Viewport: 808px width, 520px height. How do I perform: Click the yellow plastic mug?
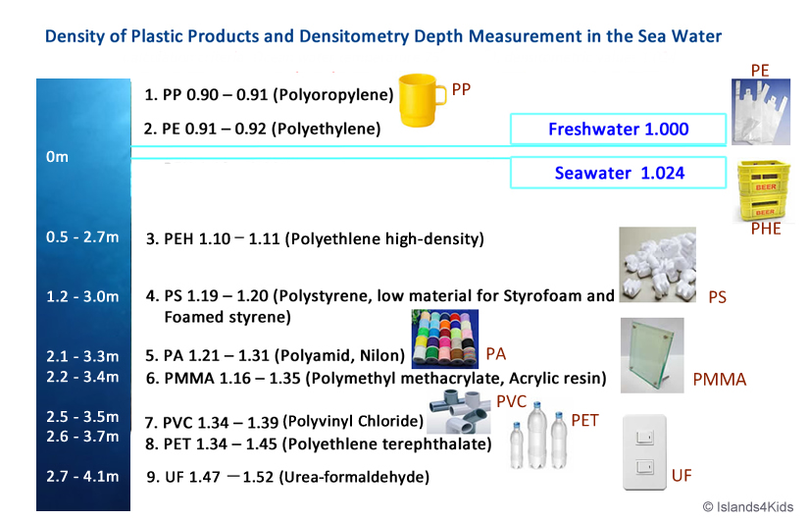click(x=420, y=100)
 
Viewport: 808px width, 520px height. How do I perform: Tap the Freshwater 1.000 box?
click(x=618, y=129)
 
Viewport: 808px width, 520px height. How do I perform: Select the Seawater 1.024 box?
click(x=618, y=173)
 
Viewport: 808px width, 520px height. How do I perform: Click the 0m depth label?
click(x=57, y=156)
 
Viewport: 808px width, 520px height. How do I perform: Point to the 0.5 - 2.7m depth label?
click(x=82, y=236)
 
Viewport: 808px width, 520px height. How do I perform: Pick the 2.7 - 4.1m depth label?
click(x=82, y=476)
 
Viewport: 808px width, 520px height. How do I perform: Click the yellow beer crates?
click(x=763, y=190)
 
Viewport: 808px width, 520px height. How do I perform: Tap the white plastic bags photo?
click(x=761, y=111)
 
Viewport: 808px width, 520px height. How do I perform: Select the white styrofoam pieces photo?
click(x=658, y=264)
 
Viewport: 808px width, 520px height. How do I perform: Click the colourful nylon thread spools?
click(x=445, y=338)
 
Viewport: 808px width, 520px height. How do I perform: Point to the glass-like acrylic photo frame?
click(x=652, y=355)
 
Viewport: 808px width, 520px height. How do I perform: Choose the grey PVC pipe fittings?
click(x=459, y=412)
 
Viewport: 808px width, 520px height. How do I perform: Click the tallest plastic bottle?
click(x=537, y=435)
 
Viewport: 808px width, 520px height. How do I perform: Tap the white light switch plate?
click(x=644, y=452)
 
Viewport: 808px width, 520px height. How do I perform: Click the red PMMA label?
click(x=720, y=380)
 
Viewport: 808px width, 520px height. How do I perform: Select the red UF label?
click(x=682, y=475)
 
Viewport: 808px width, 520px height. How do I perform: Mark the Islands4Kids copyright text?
click(x=748, y=507)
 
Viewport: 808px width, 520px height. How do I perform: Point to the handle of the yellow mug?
click(x=440, y=95)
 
